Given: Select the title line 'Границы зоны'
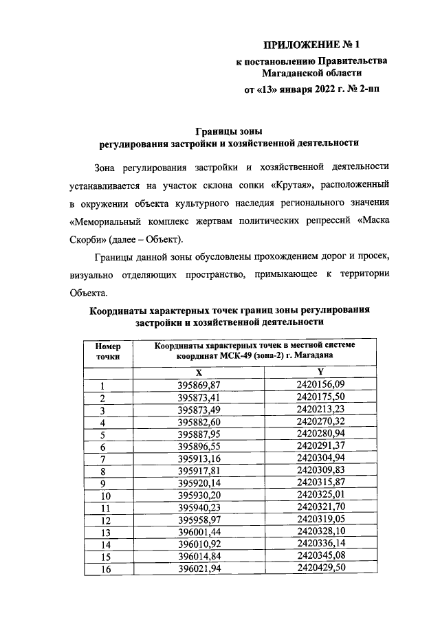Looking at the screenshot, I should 230,131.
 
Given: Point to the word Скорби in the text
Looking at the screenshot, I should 85,239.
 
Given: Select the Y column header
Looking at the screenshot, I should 320,371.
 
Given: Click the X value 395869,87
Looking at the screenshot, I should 199,385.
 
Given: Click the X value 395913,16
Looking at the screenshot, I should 199,459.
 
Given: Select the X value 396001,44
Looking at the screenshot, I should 199,533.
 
